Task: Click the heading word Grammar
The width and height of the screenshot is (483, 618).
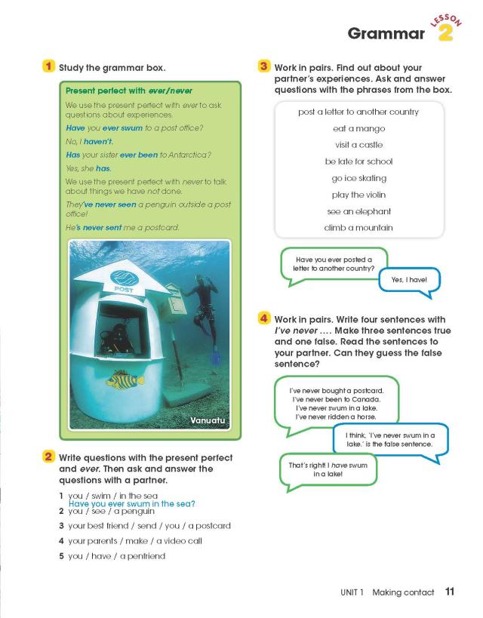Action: click(386, 34)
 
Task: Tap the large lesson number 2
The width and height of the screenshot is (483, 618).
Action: click(445, 33)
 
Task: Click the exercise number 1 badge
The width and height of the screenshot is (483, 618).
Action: click(48, 67)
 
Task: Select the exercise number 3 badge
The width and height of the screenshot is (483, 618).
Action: click(264, 67)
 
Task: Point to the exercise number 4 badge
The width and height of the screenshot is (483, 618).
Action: click(264, 318)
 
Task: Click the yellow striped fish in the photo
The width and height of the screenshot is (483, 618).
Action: click(125, 380)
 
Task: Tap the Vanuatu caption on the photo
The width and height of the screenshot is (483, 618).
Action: click(209, 420)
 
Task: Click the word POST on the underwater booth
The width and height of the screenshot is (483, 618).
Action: click(123, 289)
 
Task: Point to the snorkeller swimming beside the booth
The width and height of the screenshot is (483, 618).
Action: click(205, 307)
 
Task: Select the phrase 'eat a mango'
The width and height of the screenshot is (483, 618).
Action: click(358, 128)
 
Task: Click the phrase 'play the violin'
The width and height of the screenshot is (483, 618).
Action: click(358, 195)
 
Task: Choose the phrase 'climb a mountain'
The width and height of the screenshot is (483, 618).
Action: click(358, 228)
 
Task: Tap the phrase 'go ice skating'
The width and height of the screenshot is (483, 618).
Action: click(358, 178)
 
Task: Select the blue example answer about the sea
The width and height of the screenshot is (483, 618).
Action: click(132, 504)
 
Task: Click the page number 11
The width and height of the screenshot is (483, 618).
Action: click(450, 592)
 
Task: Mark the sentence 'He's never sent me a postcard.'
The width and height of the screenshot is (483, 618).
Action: click(121, 227)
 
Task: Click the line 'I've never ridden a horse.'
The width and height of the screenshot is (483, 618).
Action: click(335, 417)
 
